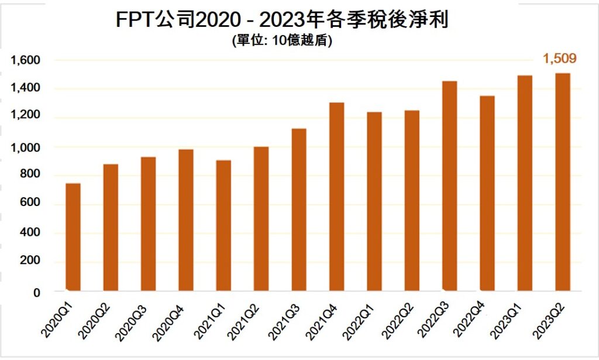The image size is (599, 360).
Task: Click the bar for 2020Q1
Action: [x=73, y=237]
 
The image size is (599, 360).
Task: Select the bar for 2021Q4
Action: [x=336, y=197]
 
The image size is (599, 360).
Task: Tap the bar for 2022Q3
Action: [x=449, y=186]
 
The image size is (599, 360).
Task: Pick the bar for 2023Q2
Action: [x=562, y=182]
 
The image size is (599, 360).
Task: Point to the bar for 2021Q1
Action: [x=223, y=225]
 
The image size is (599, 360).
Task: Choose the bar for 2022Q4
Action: [x=487, y=193]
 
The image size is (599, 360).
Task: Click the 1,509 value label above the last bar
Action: [x=560, y=59]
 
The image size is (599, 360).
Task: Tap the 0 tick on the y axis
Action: [x=36, y=292]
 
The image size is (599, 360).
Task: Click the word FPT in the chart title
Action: [x=136, y=20]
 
